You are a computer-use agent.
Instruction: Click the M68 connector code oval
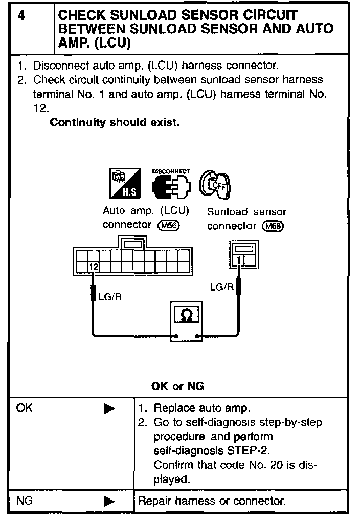point(273,226)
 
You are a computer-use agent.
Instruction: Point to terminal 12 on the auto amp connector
point(93,267)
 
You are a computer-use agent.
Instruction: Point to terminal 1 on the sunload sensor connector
point(239,261)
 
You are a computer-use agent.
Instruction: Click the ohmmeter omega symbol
point(187,315)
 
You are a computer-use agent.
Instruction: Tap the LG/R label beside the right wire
point(222,287)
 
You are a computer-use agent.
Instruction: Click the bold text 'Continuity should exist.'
point(115,123)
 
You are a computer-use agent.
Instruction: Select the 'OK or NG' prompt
point(178,386)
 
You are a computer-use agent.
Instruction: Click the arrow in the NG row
point(109,502)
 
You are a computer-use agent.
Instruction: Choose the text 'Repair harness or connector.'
point(212,501)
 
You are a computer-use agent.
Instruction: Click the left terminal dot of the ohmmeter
point(175,336)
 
